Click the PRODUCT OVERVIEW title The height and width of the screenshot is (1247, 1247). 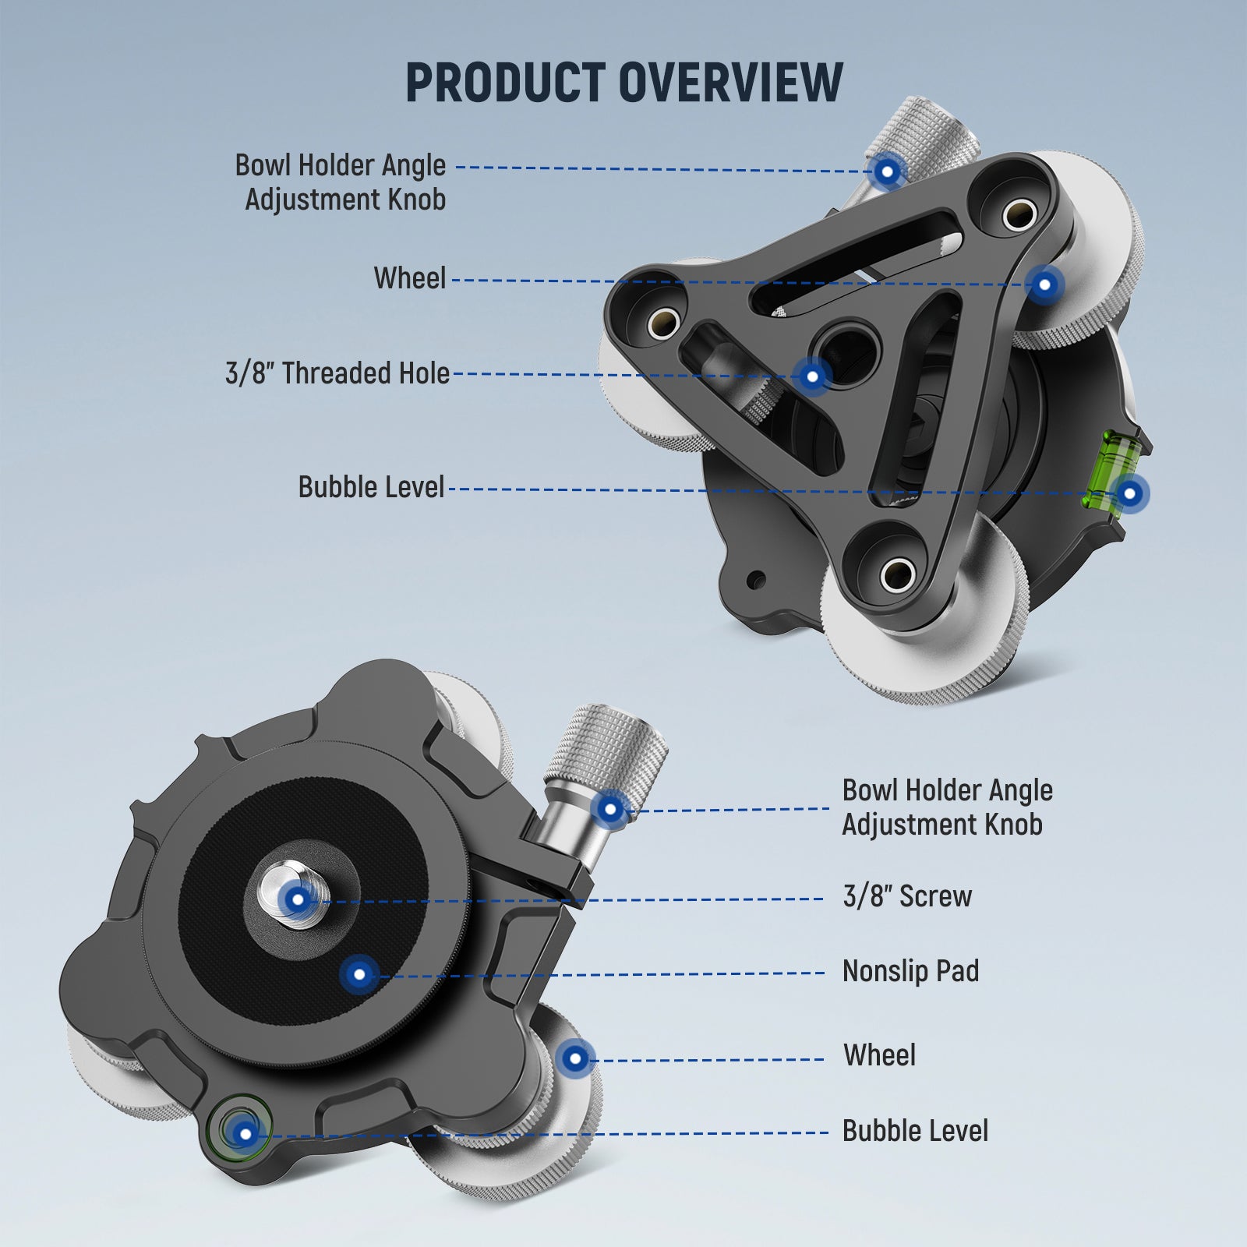[623, 83]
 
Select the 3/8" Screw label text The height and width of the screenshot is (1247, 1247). [907, 896]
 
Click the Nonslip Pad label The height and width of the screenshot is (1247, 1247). [910, 971]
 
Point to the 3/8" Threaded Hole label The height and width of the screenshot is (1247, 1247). [337, 373]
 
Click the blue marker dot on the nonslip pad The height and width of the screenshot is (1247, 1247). [359, 974]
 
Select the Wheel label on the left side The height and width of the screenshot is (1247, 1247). [410, 278]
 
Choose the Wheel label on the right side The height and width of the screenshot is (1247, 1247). [879, 1055]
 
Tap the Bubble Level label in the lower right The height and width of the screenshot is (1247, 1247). [915, 1131]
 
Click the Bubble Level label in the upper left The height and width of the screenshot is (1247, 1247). [371, 487]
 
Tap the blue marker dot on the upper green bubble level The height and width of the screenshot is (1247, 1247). [1129, 493]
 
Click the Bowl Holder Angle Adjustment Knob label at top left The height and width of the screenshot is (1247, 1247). [341, 182]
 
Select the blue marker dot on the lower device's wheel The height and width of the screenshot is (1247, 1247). [575, 1058]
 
